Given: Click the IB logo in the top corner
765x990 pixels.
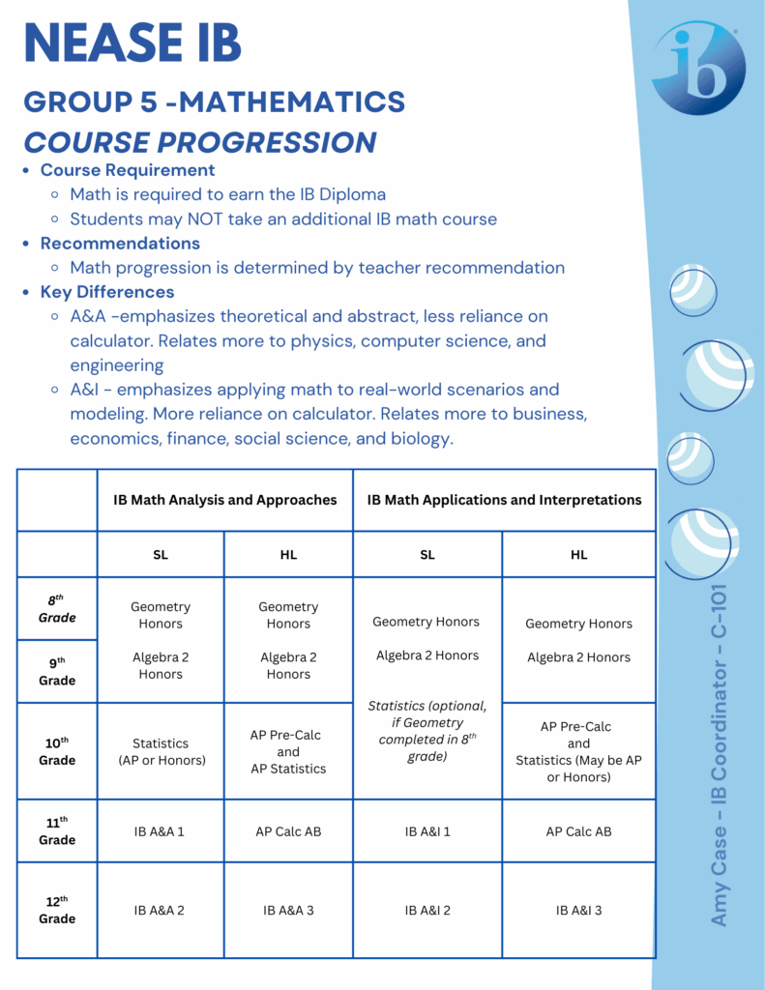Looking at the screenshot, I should (698, 68).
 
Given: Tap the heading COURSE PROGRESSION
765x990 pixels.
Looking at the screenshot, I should (200, 142).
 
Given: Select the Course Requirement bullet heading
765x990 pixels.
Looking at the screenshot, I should (128, 170).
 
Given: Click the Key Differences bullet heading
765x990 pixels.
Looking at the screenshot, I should (107, 292).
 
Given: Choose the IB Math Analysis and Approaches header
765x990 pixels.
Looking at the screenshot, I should (224, 500).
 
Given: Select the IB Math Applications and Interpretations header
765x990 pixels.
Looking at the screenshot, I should (504, 500).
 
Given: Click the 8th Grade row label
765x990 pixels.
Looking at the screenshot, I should (57, 609).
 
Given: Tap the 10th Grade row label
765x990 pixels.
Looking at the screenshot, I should (57, 751).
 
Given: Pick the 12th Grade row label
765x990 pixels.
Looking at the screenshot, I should (57, 910).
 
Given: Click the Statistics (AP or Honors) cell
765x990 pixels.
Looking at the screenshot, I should (161, 751).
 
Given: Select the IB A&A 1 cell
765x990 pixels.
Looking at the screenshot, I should (161, 831).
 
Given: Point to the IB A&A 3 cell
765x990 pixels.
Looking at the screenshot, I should (288, 910).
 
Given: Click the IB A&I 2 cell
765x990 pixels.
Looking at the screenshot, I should (427, 910).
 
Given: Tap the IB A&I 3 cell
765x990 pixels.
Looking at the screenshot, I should (578, 910).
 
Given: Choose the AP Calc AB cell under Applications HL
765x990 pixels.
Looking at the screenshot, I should (578, 831).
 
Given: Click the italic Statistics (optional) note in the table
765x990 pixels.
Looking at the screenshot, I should (427, 731).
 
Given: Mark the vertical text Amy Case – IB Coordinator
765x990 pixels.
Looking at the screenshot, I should (720, 754).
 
